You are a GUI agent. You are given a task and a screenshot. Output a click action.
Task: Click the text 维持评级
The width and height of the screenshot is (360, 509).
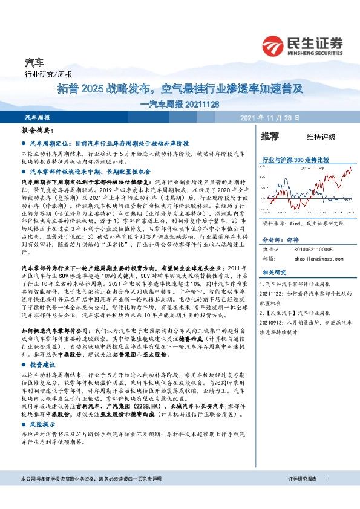pos(321,137)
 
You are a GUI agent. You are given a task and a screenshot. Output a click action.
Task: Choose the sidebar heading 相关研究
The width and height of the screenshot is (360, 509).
pos(273,255)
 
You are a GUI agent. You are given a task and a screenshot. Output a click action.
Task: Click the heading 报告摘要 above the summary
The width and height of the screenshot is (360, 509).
pos(38,131)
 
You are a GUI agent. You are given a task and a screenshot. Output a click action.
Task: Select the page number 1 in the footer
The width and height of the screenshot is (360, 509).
pos(328,479)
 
